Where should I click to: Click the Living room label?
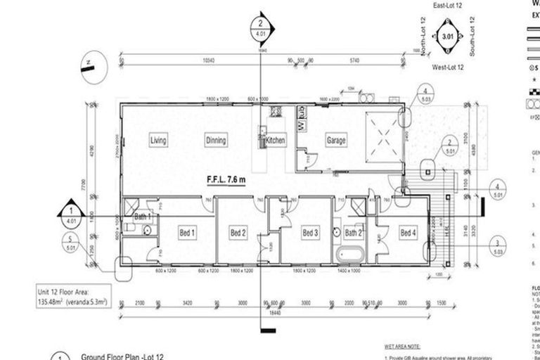pyautogui.click(x=158, y=141)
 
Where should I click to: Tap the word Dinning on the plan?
pyautogui.click(x=216, y=141)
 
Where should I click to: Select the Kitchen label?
pyautogui.click(x=275, y=141)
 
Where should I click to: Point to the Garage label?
pyautogui.click(x=335, y=141)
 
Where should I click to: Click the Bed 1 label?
pyautogui.click(x=187, y=233)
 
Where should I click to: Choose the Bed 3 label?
pyautogui.click(x=310, y=233)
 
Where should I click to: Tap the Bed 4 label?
pyautogui.click(x=408, y=233)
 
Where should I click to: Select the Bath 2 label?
pyautogui.click(x=353, y=233)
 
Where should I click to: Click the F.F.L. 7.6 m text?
pyautogui.click(x=226, y=179)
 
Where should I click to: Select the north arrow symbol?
pyautogui.click(x=89, y=67)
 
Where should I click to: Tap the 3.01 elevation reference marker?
pyautogui.click(x=448, y=35)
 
